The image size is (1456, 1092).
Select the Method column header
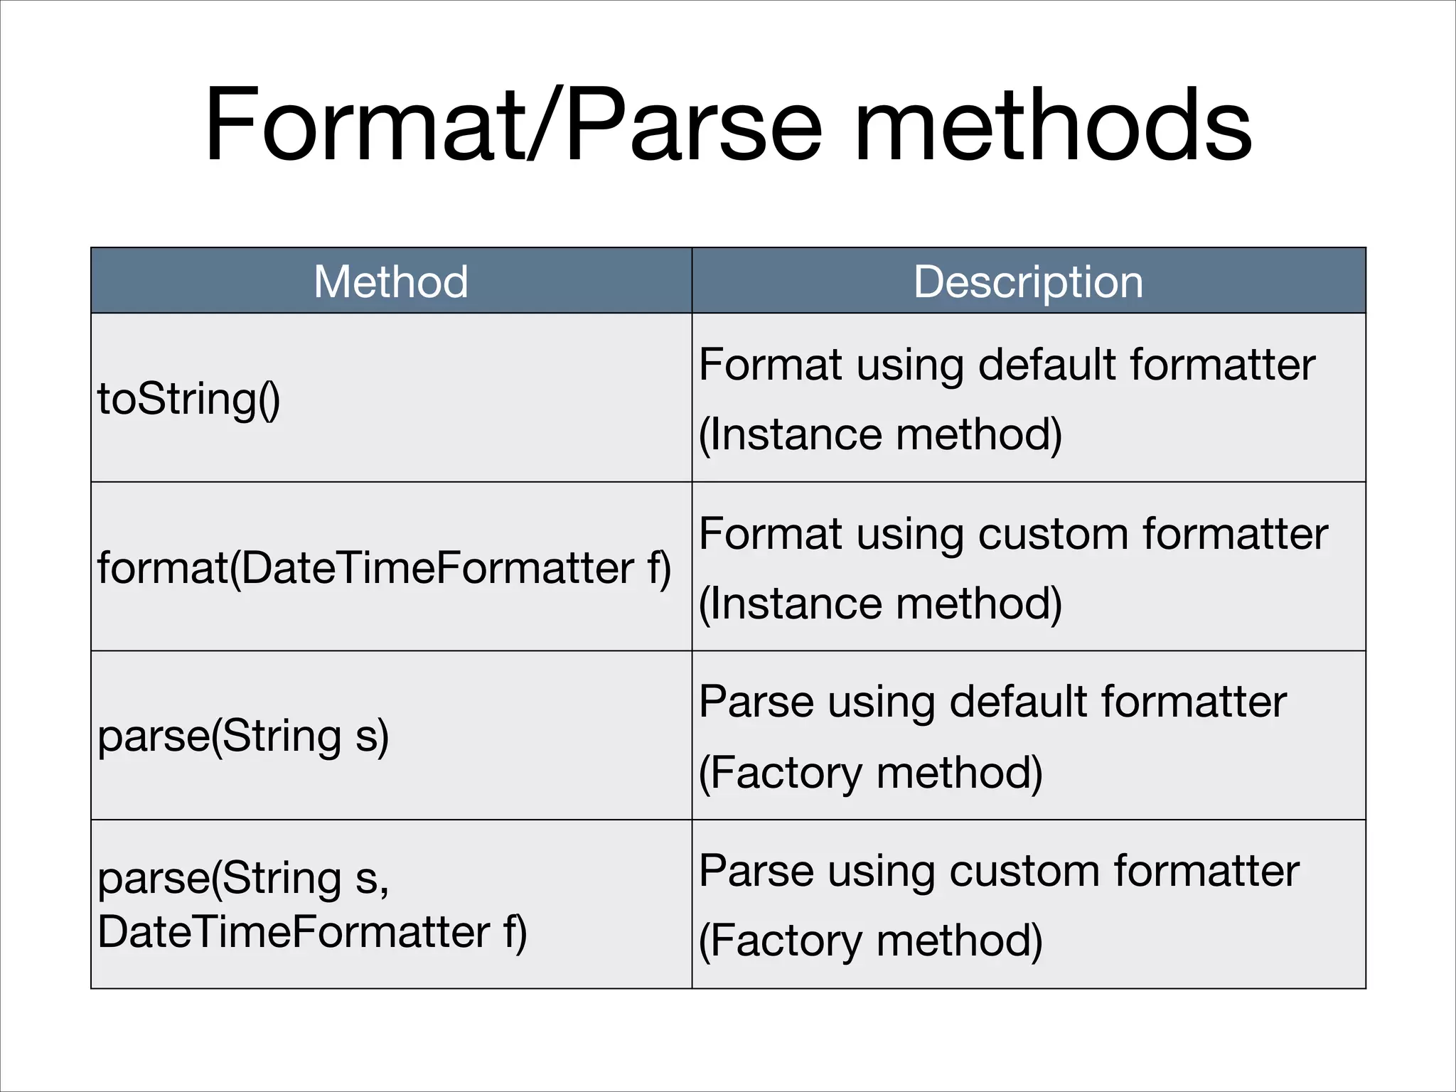(391, 282)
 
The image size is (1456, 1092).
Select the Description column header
(1028, 282)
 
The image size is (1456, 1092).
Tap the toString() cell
(189, 399)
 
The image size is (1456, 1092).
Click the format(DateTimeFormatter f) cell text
(384, 568)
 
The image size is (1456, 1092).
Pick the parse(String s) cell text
(243, 737)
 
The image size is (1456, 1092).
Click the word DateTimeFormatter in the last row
(294, 932)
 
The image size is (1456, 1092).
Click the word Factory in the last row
(786, 941)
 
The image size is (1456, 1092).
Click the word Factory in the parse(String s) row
(786, 773)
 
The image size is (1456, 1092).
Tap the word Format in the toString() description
(771, 365)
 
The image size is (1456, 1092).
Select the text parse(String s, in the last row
(243, 878)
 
